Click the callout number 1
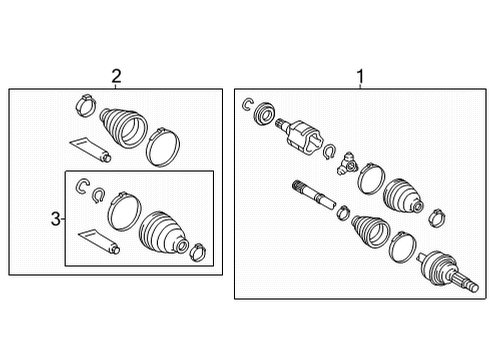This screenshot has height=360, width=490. coord(360,76)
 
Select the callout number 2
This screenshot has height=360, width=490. coord(116,76)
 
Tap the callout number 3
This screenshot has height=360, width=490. coord(56,219)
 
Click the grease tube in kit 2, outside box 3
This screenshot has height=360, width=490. coord(90,149)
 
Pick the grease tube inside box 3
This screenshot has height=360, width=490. coord(99,242)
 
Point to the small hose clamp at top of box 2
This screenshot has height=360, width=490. coord(86,105)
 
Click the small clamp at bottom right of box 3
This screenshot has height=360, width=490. coord(198,251)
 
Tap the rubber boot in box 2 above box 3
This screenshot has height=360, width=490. coord(123,127)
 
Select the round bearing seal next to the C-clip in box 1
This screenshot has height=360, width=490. coord(264,114)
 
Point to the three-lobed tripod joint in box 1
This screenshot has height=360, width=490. coord(347,163)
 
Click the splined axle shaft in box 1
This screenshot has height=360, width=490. coord(314,195)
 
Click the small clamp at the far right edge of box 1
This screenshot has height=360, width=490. coord(437,218)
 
